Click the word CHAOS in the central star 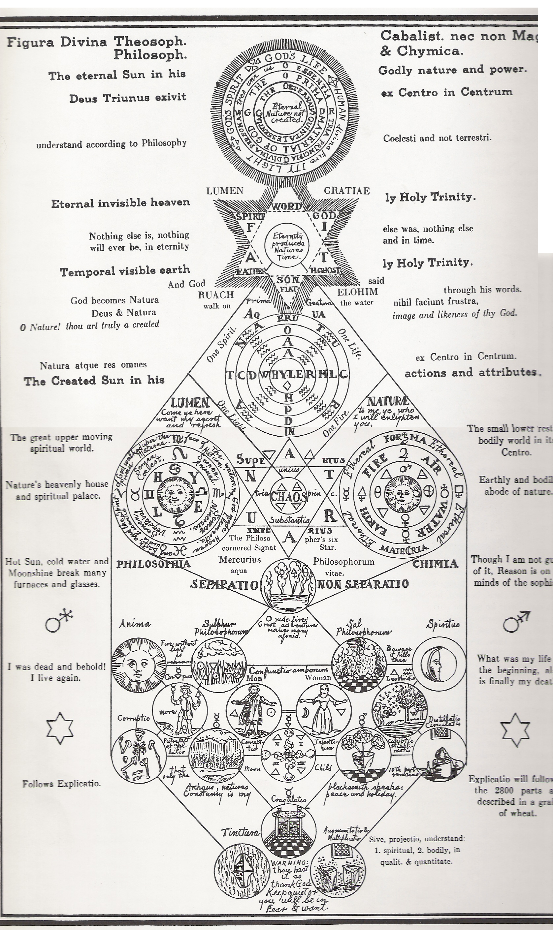(x=289, y=496)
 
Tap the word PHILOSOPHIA (x=153, y=564)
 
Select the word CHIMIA (x=435, y=564)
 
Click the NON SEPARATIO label (x=363, y=584)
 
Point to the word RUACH (x=216, y=294)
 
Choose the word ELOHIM (x=357, y=292)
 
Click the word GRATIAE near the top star (x=346, y=191)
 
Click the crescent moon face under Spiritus (x=438, y=664)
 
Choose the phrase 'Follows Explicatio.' (x=61, y=784)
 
